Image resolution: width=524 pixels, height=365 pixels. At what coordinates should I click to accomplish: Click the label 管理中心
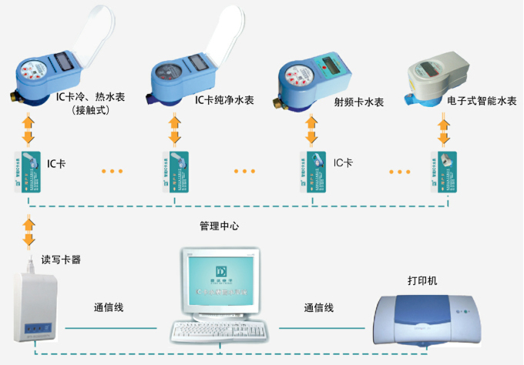pyautogui.click(x=220, y=228)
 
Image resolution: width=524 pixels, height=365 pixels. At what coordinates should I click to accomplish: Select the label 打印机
pyautogui.click(x=422, y=280)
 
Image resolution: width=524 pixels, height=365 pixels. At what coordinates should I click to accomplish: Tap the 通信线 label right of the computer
pyautogui.click(x=318, y=308)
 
